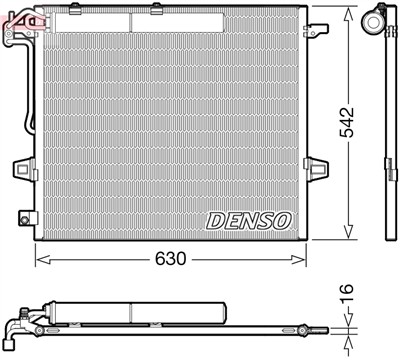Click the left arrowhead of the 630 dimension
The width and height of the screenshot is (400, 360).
point(40,259)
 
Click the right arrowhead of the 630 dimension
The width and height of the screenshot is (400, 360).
point(301,259)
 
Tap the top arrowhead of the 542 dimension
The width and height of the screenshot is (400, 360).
point(348,12)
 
